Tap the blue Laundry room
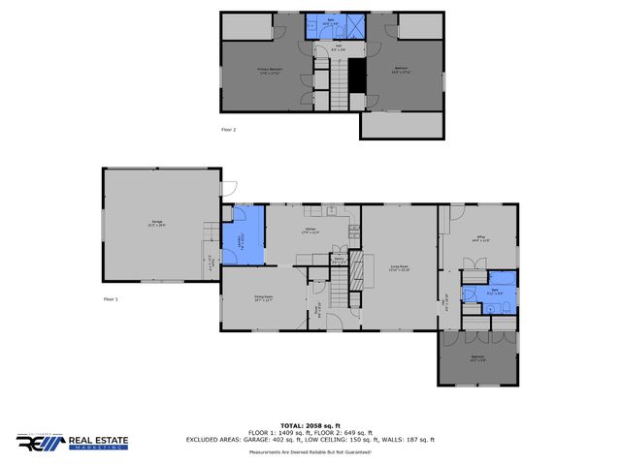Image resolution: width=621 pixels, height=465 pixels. [x=243, y=236]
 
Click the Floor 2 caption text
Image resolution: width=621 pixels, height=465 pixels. [x=229, y=128]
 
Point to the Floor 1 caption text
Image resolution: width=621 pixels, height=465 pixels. [x=111, y=299]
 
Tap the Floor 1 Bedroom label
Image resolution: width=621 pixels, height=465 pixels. [x=477, y=357]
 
